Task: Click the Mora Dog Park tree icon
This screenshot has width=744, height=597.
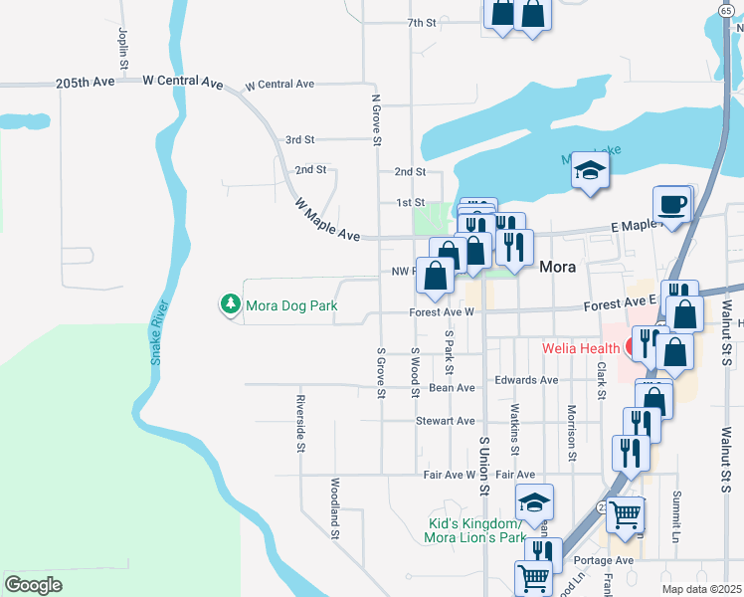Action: click(231, 305)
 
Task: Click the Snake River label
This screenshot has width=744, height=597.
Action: click(156, 333)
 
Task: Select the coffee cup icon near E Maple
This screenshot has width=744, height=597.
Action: click(671, 205)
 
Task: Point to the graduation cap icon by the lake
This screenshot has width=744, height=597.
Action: click(590, 170)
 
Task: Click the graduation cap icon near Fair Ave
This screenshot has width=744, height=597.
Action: click(534, 502)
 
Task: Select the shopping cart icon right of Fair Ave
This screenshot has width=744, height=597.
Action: click(625, 514)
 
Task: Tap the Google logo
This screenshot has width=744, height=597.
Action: click(34, 584)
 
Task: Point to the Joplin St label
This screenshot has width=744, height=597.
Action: click(123, 48)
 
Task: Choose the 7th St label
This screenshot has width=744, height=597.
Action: click(422, 22)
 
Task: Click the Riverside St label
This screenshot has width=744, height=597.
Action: click(299, 424)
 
